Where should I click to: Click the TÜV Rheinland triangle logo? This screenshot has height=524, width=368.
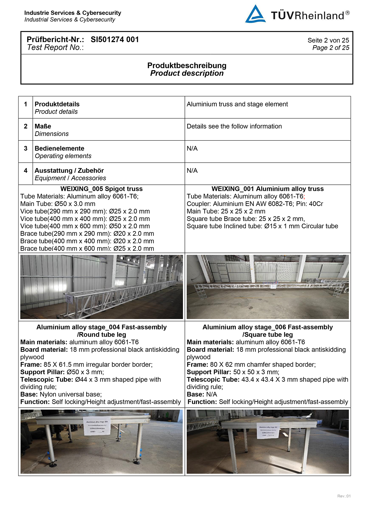coord(255,14)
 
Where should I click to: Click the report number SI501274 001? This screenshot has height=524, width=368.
coord(115,40)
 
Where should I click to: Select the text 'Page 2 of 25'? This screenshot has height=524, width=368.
coord(331,48)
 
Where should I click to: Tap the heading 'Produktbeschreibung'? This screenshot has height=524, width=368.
coord(187,66)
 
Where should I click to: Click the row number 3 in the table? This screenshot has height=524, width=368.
coord(26,148)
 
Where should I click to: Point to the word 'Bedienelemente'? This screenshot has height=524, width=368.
coord(59,148)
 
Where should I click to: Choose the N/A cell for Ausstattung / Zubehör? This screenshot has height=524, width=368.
coord(192,171)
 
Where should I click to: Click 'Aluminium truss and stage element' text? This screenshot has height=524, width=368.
coord(237,104)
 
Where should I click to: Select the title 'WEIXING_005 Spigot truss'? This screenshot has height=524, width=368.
coord(102,189)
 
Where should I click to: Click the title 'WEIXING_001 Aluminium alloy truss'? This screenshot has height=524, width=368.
coord(268,189)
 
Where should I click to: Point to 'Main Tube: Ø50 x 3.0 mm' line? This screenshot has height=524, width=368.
coord(58,204)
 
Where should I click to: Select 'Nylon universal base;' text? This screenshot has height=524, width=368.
coord(71,394)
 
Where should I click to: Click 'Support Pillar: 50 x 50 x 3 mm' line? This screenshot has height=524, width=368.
coord(233,372)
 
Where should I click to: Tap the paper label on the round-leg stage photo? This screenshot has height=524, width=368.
coord(97,426)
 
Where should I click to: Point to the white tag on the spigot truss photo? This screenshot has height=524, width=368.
coord(68,299)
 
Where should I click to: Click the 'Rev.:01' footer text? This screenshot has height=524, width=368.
coord(344,496)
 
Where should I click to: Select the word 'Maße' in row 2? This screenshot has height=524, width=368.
coord(43,126)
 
